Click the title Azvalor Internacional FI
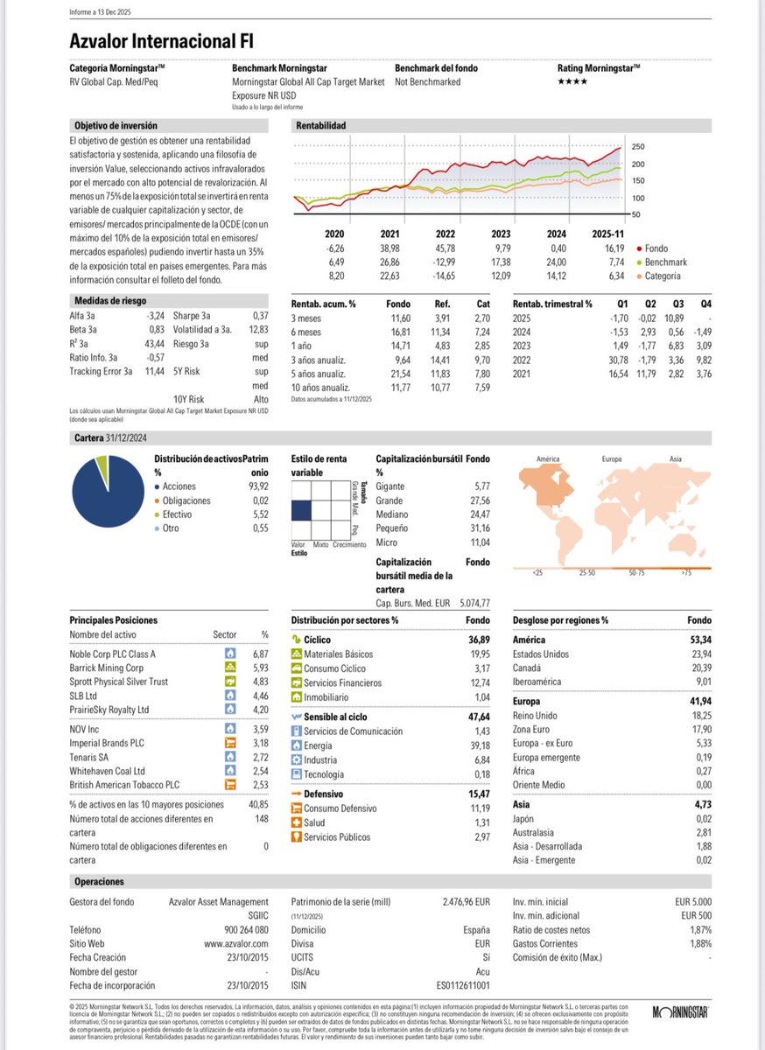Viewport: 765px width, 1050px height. point(163,41)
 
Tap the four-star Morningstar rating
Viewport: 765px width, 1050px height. point(572,81)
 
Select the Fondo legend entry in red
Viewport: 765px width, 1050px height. point(652,248)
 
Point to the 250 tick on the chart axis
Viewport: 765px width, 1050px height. point(637,146)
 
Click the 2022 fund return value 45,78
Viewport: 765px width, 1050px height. point(447,248)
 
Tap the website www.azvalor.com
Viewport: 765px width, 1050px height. point(236,944)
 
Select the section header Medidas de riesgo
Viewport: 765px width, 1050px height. point(103,300)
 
